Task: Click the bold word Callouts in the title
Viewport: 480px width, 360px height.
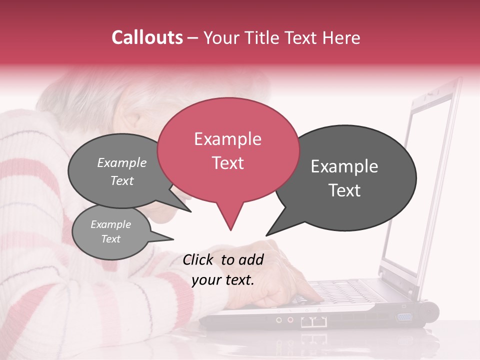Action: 147,37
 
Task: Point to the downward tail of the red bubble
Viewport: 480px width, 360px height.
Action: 230,220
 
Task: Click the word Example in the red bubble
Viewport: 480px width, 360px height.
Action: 227,139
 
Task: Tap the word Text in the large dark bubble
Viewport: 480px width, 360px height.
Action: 344,190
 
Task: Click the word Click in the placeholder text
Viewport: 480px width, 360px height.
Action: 199,259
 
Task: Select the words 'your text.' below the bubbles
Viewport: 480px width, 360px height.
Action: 223,280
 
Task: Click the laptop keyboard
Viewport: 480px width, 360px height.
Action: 345,292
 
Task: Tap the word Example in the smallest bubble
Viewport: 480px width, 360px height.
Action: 110,224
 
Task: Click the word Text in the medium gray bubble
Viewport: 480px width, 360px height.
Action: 121,181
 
